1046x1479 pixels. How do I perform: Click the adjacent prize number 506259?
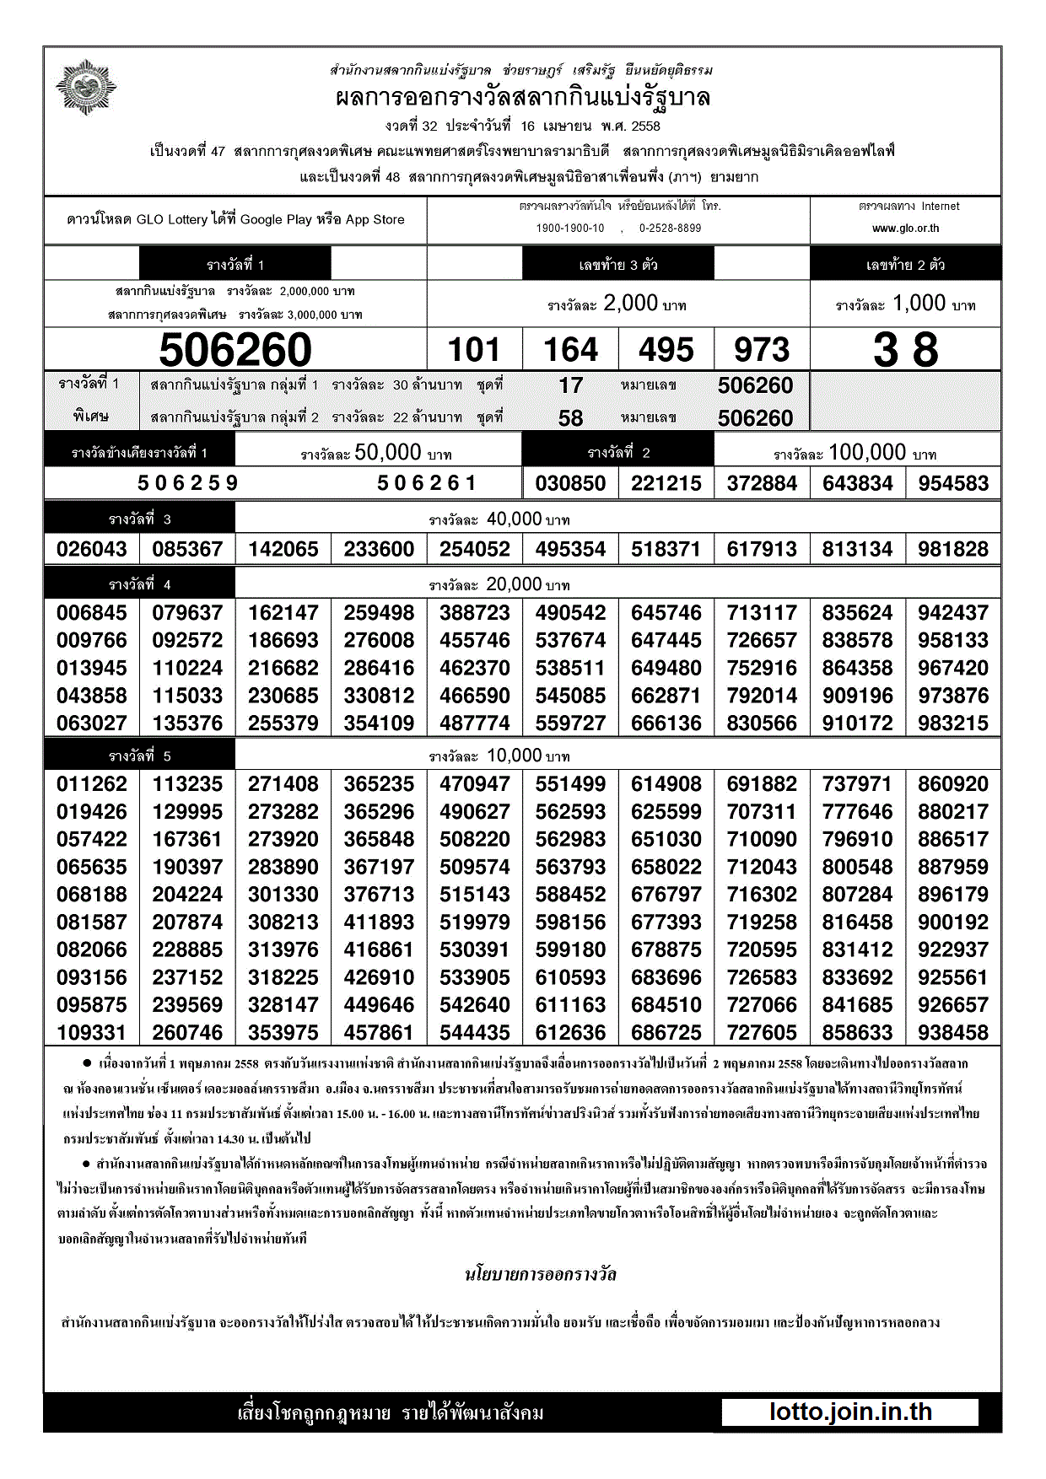click(188, 483)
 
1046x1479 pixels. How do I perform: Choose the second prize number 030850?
click(570, 483)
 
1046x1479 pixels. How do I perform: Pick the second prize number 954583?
click(953, 483)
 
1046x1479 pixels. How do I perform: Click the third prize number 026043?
click(91, 549)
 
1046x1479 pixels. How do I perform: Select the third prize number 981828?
click(953, 549)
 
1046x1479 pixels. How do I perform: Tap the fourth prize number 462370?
click(474, 668)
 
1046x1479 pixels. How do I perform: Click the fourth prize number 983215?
click(953, 723)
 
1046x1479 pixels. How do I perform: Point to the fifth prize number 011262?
click(91, 784)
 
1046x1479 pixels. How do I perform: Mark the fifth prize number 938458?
click(953, 1033)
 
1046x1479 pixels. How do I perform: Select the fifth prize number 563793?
click(570, 867)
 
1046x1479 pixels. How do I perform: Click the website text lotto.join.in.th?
click(850, 1412)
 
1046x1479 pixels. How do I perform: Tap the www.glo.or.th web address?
click(905, 229)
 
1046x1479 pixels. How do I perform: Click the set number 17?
click(570, 385)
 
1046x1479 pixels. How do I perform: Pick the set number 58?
click(570, 418)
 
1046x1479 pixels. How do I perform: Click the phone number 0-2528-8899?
click(670, 229)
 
